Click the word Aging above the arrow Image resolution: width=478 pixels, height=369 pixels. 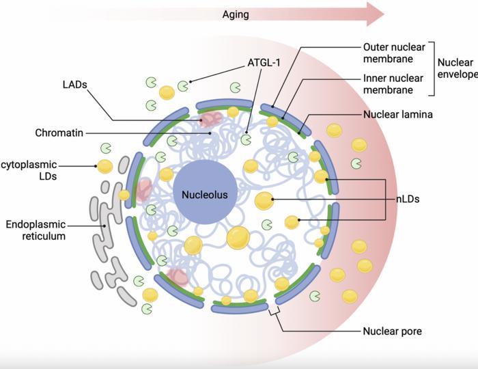click(x=235, y=13)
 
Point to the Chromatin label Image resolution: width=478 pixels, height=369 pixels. click(x=59, y=133)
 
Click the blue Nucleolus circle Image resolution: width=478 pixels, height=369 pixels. click(x=204, y=194)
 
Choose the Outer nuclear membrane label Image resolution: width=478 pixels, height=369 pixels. click(x=394, y=53)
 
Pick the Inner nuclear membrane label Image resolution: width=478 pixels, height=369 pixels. click(x=394, y=84)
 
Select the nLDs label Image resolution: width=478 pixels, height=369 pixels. click(x=408, y=200)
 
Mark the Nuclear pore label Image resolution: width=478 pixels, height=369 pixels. click(x=392, y=332)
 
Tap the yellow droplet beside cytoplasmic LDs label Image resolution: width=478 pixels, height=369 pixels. click(x=105, y=166)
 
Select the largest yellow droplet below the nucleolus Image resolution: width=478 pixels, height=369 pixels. click(x=238, y=237)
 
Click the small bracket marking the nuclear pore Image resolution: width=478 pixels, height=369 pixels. click(x=275, y=312)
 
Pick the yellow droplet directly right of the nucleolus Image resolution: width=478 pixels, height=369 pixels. click(x=264, y=201)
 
